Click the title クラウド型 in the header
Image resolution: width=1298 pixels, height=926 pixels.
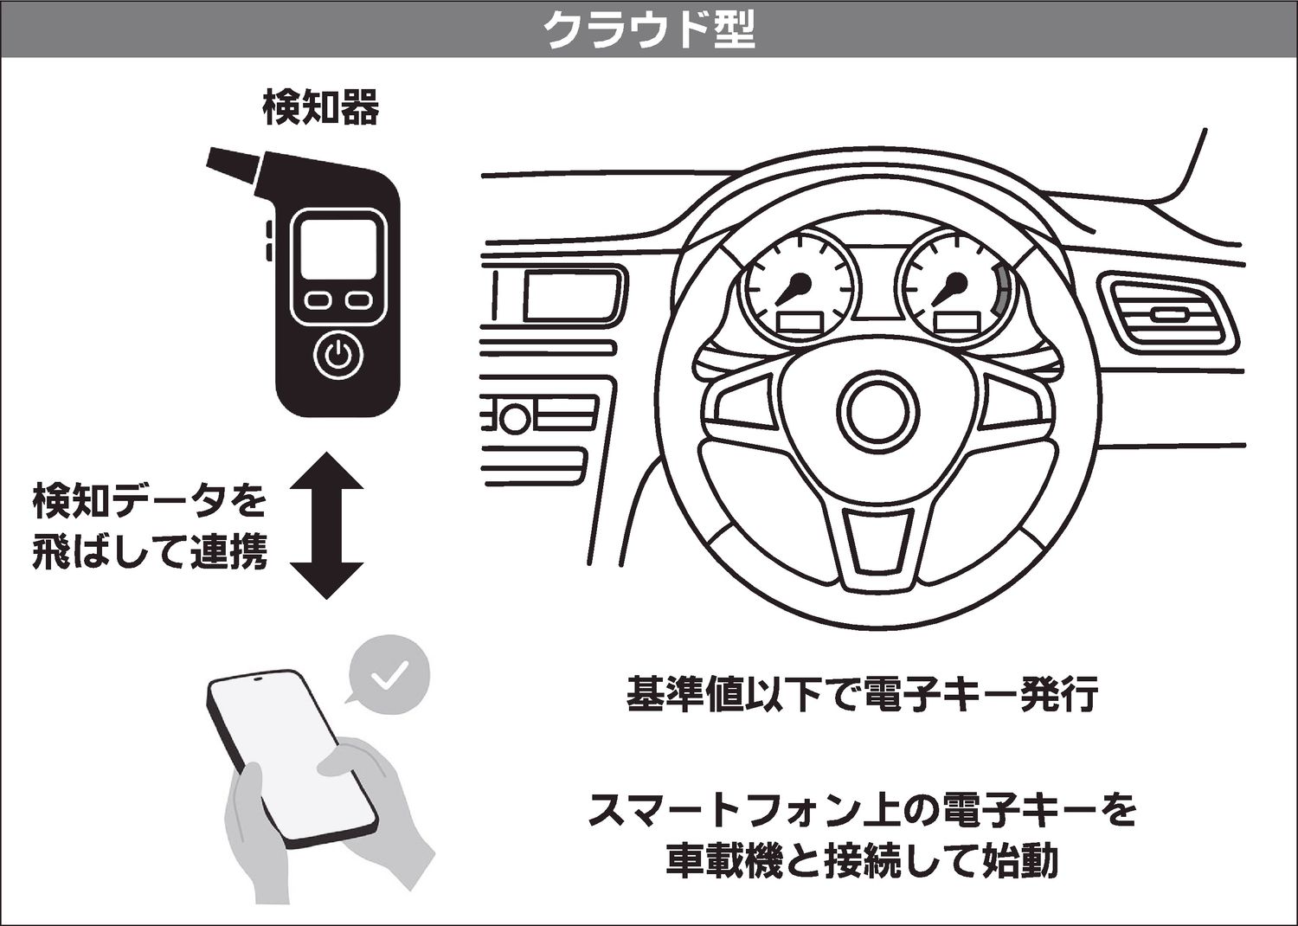tap(650, 29)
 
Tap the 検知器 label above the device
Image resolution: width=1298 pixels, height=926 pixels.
tap(321, 107)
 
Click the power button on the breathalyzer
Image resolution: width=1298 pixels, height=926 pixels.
tap(339, 355)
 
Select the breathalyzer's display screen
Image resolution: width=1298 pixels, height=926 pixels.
tap(338, 250)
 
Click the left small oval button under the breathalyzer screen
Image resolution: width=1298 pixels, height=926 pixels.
tap(318, 300)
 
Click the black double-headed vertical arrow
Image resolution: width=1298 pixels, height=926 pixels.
tap(327, 525)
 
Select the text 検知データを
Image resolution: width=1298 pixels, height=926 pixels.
tap(150, 502)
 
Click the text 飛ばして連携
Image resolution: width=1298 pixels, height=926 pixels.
tap(150, 551)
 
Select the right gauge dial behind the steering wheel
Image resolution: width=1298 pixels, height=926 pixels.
tap(957, 285)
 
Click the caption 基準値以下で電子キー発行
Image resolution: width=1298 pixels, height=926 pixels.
tap(862, 694)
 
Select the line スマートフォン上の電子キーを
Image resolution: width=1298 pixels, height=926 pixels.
tap(863, 810)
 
